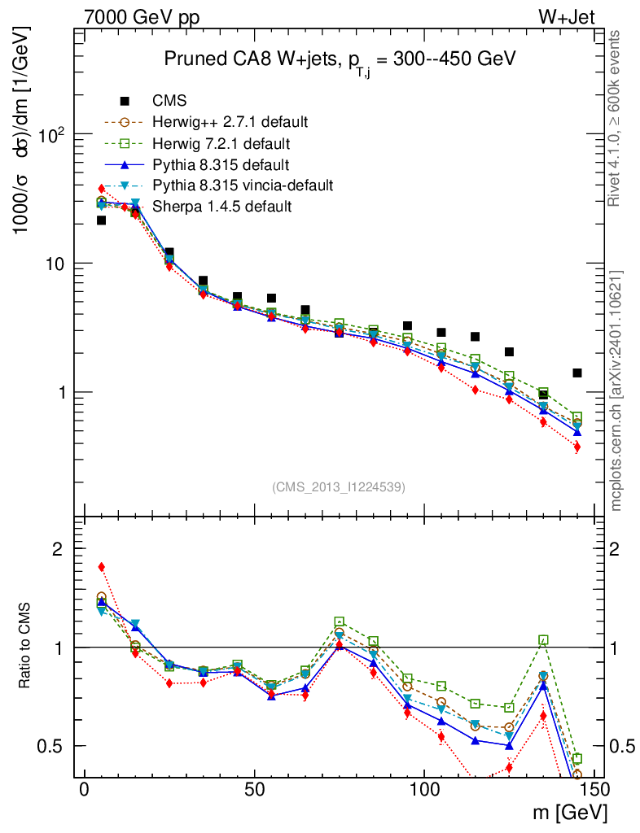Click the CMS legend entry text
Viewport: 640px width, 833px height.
click(169, 101)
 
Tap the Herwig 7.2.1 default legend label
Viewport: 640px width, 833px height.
click(221, 143)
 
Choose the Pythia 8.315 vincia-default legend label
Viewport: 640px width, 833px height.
click(243, 185)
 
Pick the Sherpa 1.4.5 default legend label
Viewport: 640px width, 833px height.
click(221, 207)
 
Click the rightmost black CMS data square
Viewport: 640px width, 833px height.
click(577, 373)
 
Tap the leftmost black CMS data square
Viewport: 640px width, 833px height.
click(102, 220)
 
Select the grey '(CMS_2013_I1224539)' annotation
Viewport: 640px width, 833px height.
click(339, 486)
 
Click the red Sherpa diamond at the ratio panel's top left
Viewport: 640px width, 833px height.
click(102, 566)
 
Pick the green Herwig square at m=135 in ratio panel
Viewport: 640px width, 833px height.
click(543, 640)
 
